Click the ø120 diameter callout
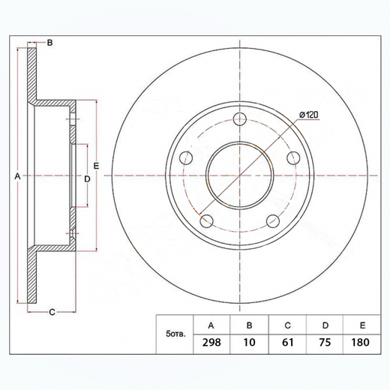(308, 115)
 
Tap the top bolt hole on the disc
(239, 118)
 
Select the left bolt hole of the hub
(186, 157)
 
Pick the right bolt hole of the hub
(293, 157)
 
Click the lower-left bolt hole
(206, 221)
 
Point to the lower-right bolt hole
(272, 221)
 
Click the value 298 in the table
(211, 342)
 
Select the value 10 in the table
(249, 342)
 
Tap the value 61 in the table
(287, 342)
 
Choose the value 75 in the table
(325, 342)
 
